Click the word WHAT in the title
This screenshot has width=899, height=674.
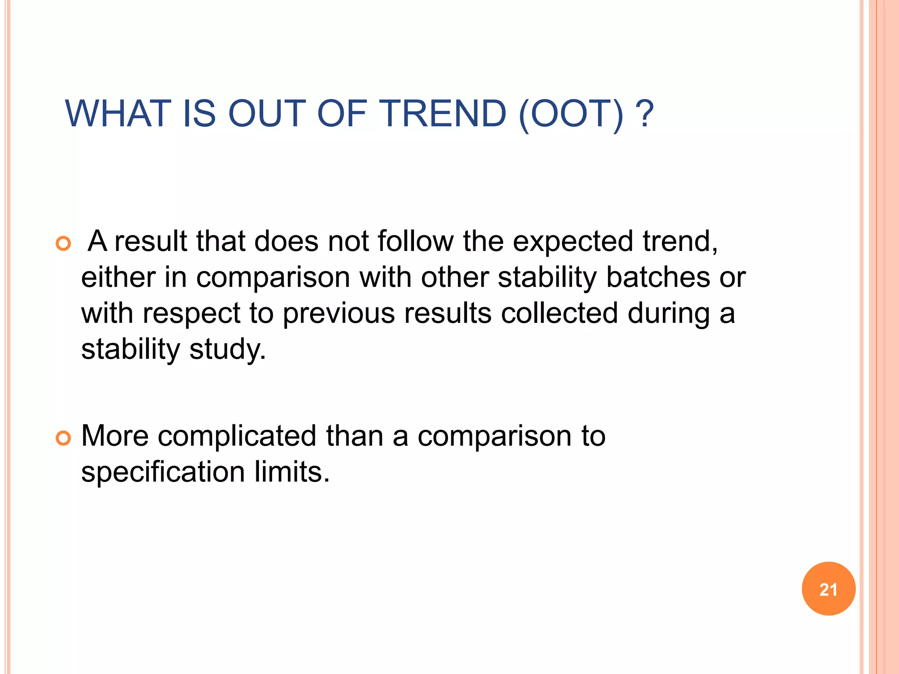point(118,114)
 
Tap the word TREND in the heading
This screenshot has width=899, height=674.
point(444,114)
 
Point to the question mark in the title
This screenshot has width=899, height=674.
point(644,114)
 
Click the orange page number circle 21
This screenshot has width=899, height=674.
point(828,589)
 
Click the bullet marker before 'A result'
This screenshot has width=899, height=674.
point(64,244)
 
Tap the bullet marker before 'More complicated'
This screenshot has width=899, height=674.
point(64,438)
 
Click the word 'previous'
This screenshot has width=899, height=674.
point(339,314)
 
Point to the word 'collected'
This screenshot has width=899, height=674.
point(559,313)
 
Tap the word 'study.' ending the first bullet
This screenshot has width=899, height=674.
point(228,350)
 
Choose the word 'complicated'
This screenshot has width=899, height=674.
point(237,437)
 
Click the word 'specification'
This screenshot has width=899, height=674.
point(163,473)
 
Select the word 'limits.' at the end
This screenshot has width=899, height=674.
point(292,472)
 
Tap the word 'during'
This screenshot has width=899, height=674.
point(669,314)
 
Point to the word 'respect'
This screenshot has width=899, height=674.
point(191,314)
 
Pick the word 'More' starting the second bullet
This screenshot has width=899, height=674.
point(115,436)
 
